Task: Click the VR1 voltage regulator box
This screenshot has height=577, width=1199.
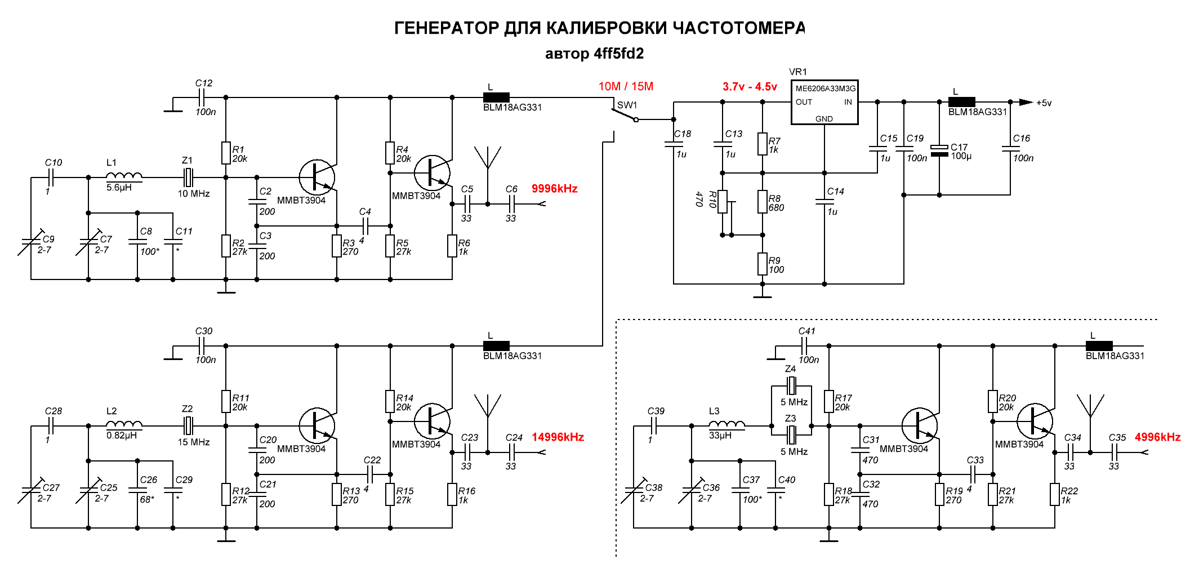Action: (824, 102)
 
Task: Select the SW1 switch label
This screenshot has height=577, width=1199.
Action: (627, 105)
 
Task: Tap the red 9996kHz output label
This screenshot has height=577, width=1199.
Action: (555, 189)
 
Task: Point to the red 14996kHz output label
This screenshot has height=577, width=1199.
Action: (558, 437)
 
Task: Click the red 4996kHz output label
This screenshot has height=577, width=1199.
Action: (1158, 437)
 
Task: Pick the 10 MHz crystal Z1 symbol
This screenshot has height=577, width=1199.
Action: (188, 177)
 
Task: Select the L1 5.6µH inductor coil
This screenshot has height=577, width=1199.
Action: (124, 176)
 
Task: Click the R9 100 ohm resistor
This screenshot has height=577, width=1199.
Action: (763, 264)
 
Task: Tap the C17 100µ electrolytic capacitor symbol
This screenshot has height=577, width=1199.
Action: (939, 150)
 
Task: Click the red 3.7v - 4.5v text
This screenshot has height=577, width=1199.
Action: (750, 87)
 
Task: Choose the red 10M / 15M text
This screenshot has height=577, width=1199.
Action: (626, 86)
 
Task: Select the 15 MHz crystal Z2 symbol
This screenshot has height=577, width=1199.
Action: (188, 426)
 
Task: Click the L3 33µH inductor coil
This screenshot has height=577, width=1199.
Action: (726, 424)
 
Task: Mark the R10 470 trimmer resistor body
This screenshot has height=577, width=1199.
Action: (723, 202)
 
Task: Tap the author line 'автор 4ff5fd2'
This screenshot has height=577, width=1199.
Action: (594, 54)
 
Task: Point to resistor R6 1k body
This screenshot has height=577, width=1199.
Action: (452, 246)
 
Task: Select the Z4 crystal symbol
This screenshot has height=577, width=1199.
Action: (791, 386)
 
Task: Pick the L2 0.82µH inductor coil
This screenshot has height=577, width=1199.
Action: (124, 424)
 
